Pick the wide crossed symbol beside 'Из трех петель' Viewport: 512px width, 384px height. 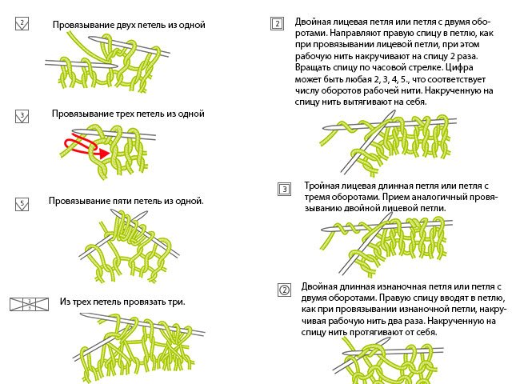(29, 304)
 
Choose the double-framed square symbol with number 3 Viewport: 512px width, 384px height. (285, 190)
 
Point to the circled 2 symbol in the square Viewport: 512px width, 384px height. (283, 289)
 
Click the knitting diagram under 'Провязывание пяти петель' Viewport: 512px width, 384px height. (132, 248)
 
